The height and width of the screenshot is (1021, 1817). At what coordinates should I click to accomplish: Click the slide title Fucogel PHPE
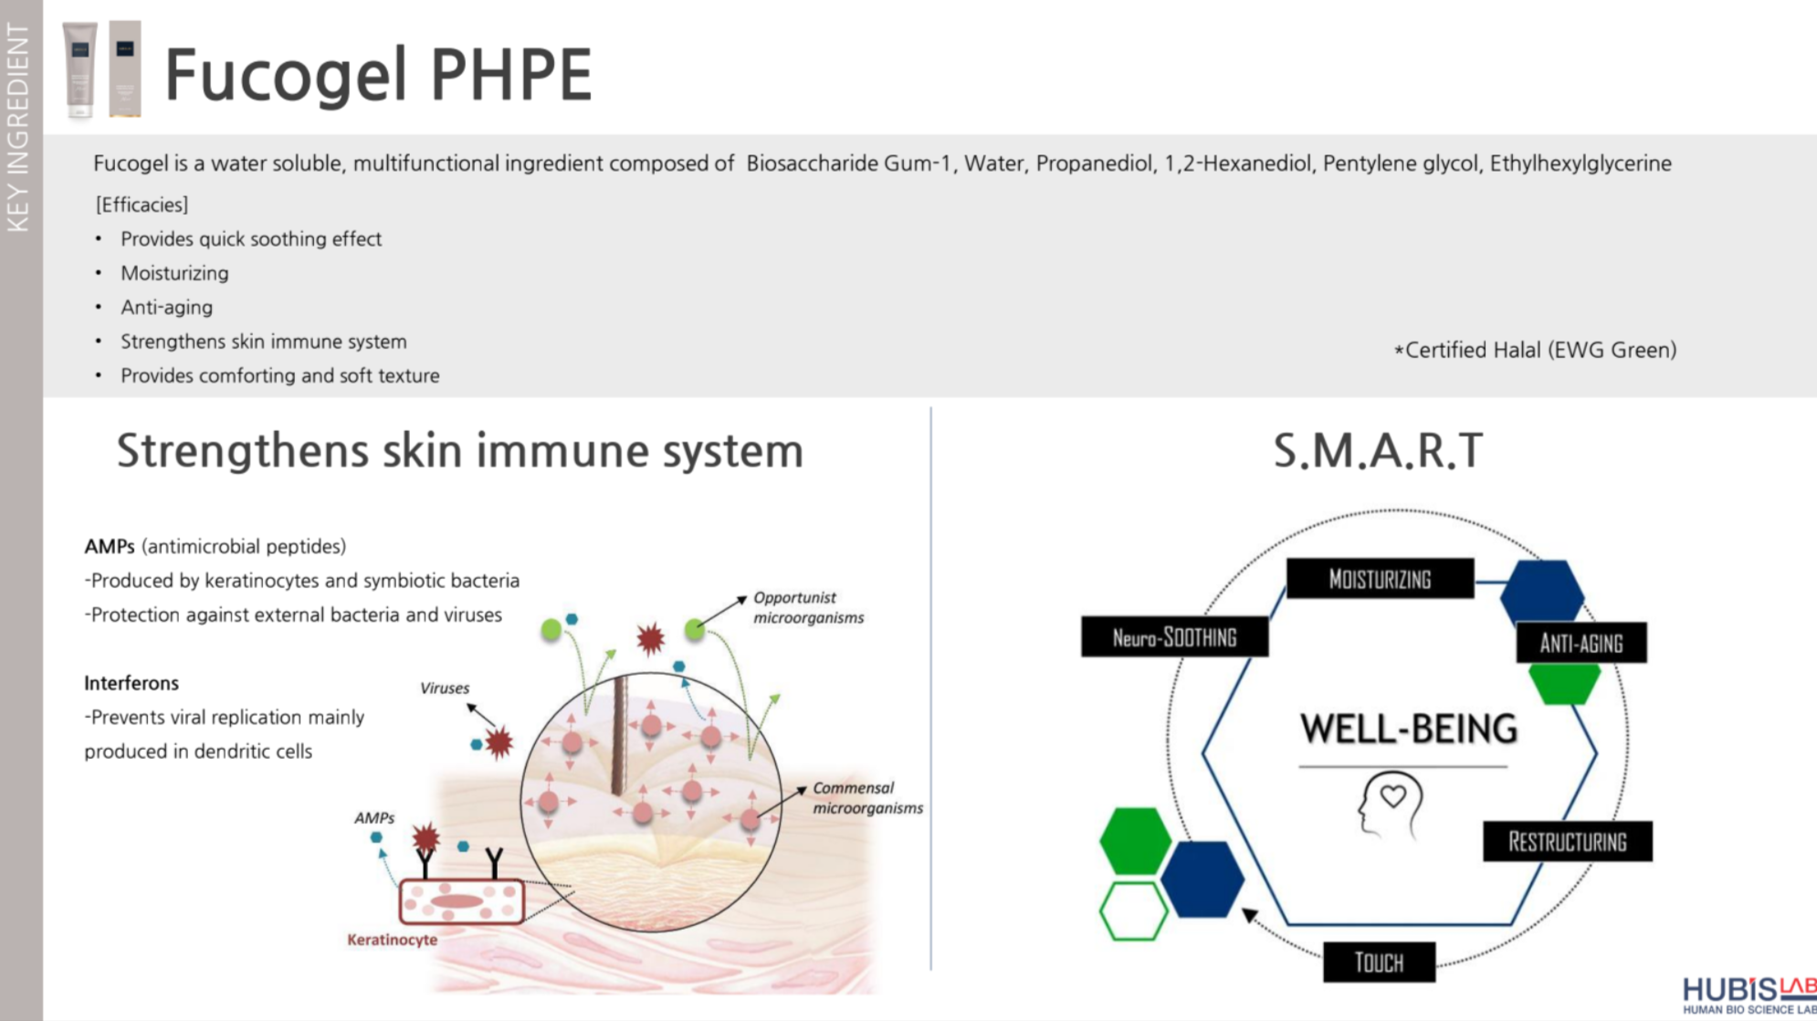(x=378, y=75)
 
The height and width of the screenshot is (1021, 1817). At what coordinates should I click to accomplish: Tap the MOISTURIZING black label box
(x=1380, y=579)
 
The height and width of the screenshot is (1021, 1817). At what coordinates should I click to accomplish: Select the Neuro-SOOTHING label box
(x=1174, y=637)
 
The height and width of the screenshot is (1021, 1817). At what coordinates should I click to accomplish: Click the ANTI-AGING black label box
(x=1581, y=643)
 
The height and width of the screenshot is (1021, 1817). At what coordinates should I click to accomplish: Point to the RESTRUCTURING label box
(x=1567, y=841)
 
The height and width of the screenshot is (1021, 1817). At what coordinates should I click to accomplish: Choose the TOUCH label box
(x=1378, y=962)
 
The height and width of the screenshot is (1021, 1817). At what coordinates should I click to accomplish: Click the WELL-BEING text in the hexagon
(x=1409, y=729)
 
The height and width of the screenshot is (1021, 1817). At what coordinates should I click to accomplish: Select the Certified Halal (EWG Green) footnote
(x=1535, y=350)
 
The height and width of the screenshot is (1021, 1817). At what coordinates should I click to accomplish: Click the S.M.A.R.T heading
(x=1378, y=450)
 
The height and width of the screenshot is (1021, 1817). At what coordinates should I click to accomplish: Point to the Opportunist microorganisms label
(x=807, y=607)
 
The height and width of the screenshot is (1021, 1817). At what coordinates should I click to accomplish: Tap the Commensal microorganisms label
(x=866, y=797)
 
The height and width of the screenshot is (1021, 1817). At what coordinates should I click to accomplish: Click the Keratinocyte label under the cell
(x=392, y=939)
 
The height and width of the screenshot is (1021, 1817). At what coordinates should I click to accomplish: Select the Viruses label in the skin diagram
(x=445, y=688)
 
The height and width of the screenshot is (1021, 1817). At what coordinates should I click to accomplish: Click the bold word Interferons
(x=131, y=683)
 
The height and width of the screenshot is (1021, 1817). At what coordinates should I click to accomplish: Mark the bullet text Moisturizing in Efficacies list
(x=174, y=273)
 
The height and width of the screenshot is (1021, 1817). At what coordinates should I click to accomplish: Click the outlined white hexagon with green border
(x=1132, y=910)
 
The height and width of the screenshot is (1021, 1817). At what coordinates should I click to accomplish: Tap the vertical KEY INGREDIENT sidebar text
(x=18, y=128)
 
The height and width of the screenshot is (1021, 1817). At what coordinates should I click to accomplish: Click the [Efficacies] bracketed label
(x=142, y=205)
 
